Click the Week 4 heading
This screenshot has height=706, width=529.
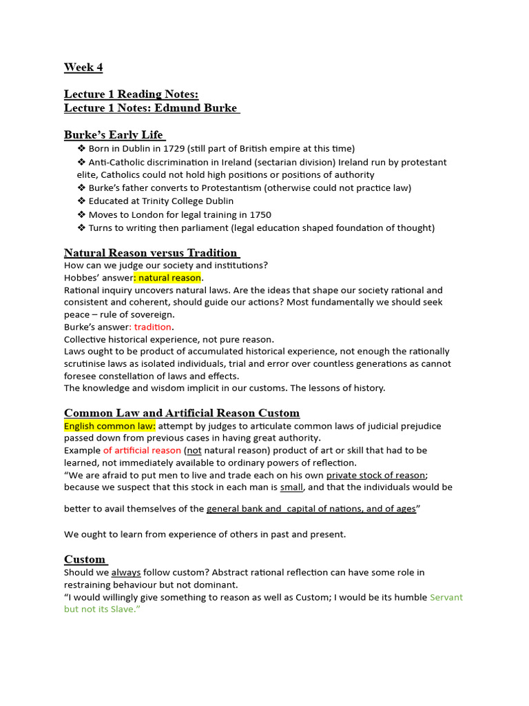tap(83, 67)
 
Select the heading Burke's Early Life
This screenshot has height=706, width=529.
tap(114, 134)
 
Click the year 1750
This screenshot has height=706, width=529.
tap(260, 214)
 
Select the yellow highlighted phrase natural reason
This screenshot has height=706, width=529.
tap(169, 278)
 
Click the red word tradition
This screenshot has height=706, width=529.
tap(153, 327)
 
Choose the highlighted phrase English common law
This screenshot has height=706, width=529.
tap(110, 426)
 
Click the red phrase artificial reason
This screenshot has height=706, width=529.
tap(143, 450)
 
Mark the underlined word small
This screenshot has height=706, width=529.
tap(291, 487)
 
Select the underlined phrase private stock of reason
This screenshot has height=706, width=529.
tap(376, 475)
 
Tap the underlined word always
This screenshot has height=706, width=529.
tap(125, 572)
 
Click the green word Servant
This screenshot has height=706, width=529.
tap(446, 597)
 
